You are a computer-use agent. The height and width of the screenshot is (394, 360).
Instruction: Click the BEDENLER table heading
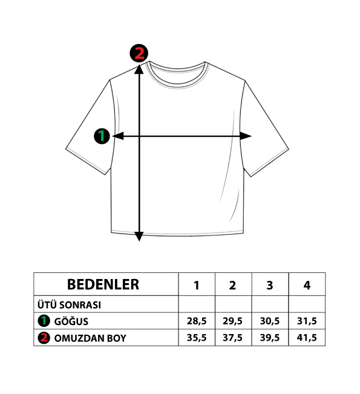[x=103, y=284]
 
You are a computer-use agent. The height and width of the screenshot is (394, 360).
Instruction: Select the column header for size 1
[x=197, y=286]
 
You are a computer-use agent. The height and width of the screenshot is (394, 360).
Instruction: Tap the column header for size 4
[x=307, y=286]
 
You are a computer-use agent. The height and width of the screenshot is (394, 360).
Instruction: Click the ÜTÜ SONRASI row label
[x=69, y=305]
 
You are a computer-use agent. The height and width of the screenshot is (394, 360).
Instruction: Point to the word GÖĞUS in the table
[x=71, y=321]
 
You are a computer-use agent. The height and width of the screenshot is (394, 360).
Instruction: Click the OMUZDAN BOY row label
[x=90, y=338]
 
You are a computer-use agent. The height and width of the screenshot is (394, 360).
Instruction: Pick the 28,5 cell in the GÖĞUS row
[x=197, y=321]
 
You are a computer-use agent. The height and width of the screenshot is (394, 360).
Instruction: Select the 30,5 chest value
[x=270, y=321]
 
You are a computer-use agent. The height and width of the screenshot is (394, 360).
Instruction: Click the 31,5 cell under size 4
[x=307, y=321]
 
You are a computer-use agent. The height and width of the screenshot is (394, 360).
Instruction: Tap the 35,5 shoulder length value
[x=197, y=338]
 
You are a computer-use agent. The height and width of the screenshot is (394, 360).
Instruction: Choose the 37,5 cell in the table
[x=232, y=338]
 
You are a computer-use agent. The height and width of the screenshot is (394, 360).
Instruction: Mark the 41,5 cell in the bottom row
[x=307, y=338]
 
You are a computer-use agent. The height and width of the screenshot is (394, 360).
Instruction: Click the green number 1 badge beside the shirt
[x=102, y=136]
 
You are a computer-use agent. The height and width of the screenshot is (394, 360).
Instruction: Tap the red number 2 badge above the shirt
[x=139, y=53]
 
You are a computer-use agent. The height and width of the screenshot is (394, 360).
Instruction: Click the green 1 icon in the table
[x=44, y=321]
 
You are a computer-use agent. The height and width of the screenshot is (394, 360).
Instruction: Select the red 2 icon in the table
[x=44, y=338]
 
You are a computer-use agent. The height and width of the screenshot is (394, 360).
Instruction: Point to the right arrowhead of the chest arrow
[x=246, y=136]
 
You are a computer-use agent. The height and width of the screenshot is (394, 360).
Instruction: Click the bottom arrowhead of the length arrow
[x=139, y=237]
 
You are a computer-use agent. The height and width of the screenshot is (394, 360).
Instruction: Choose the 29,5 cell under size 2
[x=232, y=321]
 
